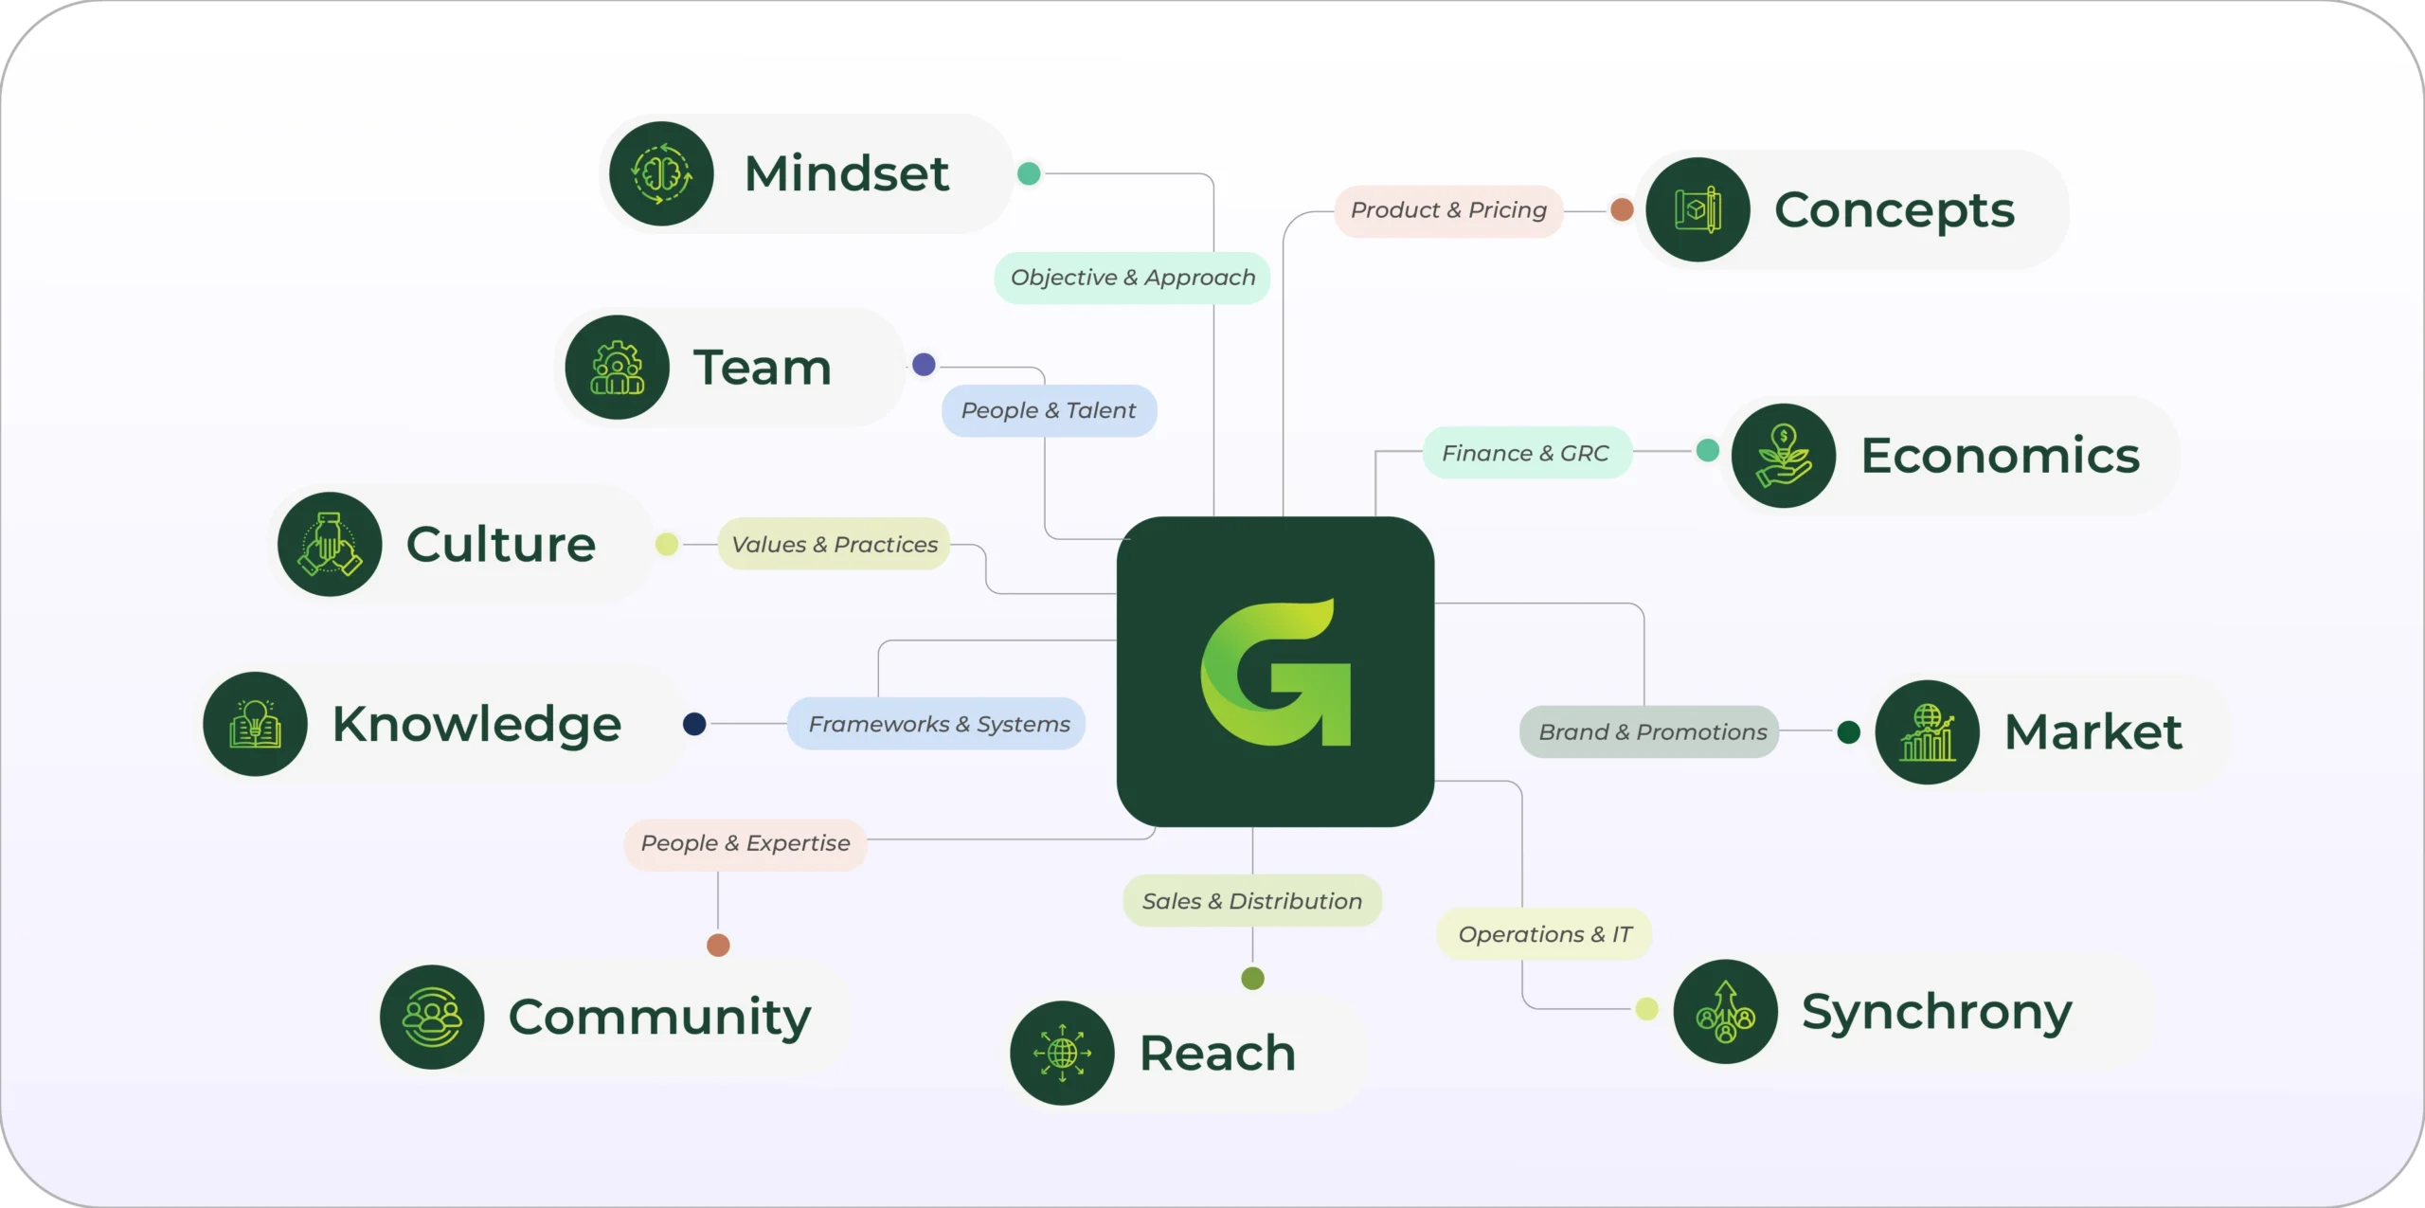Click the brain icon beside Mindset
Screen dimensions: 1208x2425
click(x=661, y=173)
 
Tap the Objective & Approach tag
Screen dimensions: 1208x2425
click(x=1132, y=278)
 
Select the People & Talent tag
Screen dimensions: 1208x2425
click(x=1049, y=410)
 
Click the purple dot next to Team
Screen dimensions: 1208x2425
click(x=924, y=365)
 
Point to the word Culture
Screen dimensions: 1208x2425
click(x=500, y=544)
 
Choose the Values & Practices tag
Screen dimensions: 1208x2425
click(x=834, y=544)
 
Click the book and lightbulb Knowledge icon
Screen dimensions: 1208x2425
click(x=256, y=724)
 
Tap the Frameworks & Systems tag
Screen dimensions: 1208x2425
click(x=938, y=724)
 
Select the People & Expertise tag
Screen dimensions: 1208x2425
click(x=745, y=843)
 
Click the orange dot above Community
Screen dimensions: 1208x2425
click(x=718, y=945)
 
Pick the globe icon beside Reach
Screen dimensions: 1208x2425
click(x=1062, y=1053)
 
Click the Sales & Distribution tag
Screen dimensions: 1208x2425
click(x=1251, y=901)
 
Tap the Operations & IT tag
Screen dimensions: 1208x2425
click(x=1544, y=934)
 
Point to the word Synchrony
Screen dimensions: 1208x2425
click(x=1936, y=1012)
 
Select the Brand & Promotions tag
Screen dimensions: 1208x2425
click(x=1651, y=731)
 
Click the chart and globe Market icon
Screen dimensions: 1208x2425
click(x=1927, y=731)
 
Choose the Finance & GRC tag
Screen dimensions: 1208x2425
click(x=1525, y=453)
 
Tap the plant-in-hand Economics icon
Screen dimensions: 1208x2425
click(x=1784, y=456)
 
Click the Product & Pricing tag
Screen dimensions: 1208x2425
click(x=1448, y=210)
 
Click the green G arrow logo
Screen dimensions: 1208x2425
click(x=1275, y=672)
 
